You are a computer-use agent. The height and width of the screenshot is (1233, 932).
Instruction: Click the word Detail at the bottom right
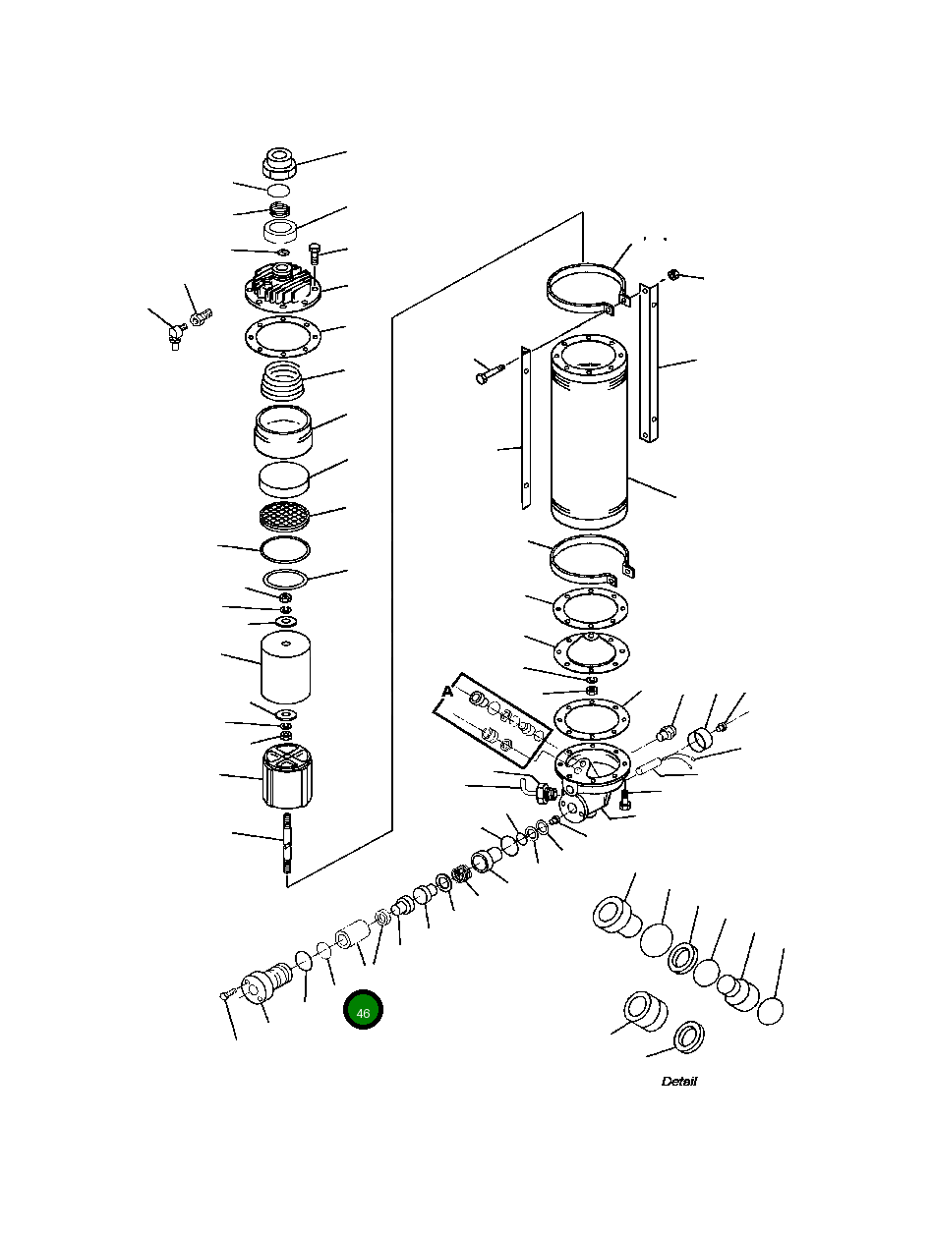tap(678, 1081)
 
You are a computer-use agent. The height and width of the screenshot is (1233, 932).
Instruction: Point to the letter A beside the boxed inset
tap(447, 692)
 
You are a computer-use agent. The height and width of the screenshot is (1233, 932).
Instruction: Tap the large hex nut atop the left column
tap(280, 162)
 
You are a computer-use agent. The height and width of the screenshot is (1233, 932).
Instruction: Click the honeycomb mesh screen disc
tap(283, 514)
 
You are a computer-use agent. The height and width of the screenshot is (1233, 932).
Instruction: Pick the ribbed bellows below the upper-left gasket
tap(283, 379)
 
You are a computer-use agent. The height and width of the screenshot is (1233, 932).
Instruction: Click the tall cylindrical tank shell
tap(588, 432)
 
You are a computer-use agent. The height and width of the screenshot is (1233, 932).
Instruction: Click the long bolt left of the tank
tap(488, 373)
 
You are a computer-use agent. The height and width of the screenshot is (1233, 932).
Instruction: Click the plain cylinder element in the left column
tap(286, 666)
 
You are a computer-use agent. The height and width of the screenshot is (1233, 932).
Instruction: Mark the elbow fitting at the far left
tap(175, 335)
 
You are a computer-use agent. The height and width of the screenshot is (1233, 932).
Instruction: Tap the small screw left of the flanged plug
tap(225, 995)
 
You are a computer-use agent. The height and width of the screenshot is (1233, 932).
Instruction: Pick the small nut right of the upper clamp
tap(673, 273)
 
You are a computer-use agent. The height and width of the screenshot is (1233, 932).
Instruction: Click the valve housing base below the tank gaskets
tap(590, 781)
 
